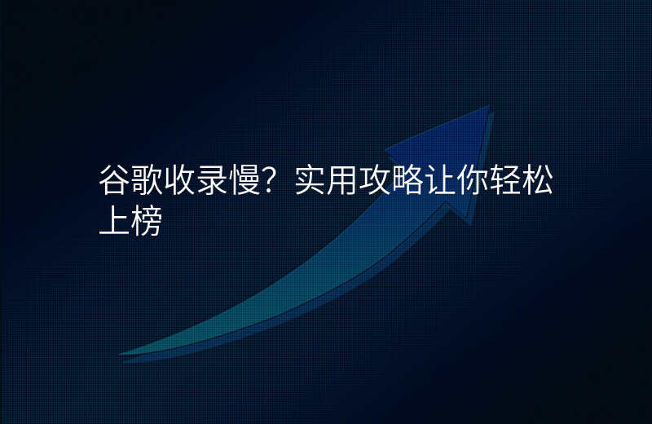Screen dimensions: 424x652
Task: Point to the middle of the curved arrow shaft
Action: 326,277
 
